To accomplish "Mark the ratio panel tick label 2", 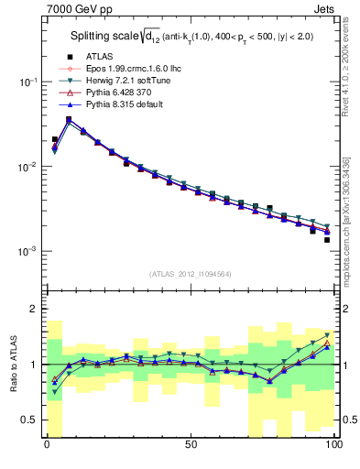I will pos(32,310).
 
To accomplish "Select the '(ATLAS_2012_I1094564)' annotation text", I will pos(190,272).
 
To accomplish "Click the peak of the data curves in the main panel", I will pos(69,119).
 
